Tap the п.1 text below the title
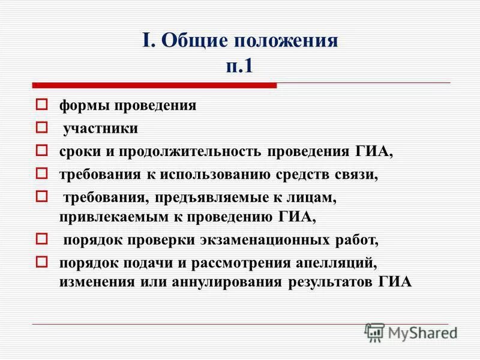point(240,65)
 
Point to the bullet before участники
point(41,127)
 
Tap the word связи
point(359,175)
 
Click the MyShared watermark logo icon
point(374,332)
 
